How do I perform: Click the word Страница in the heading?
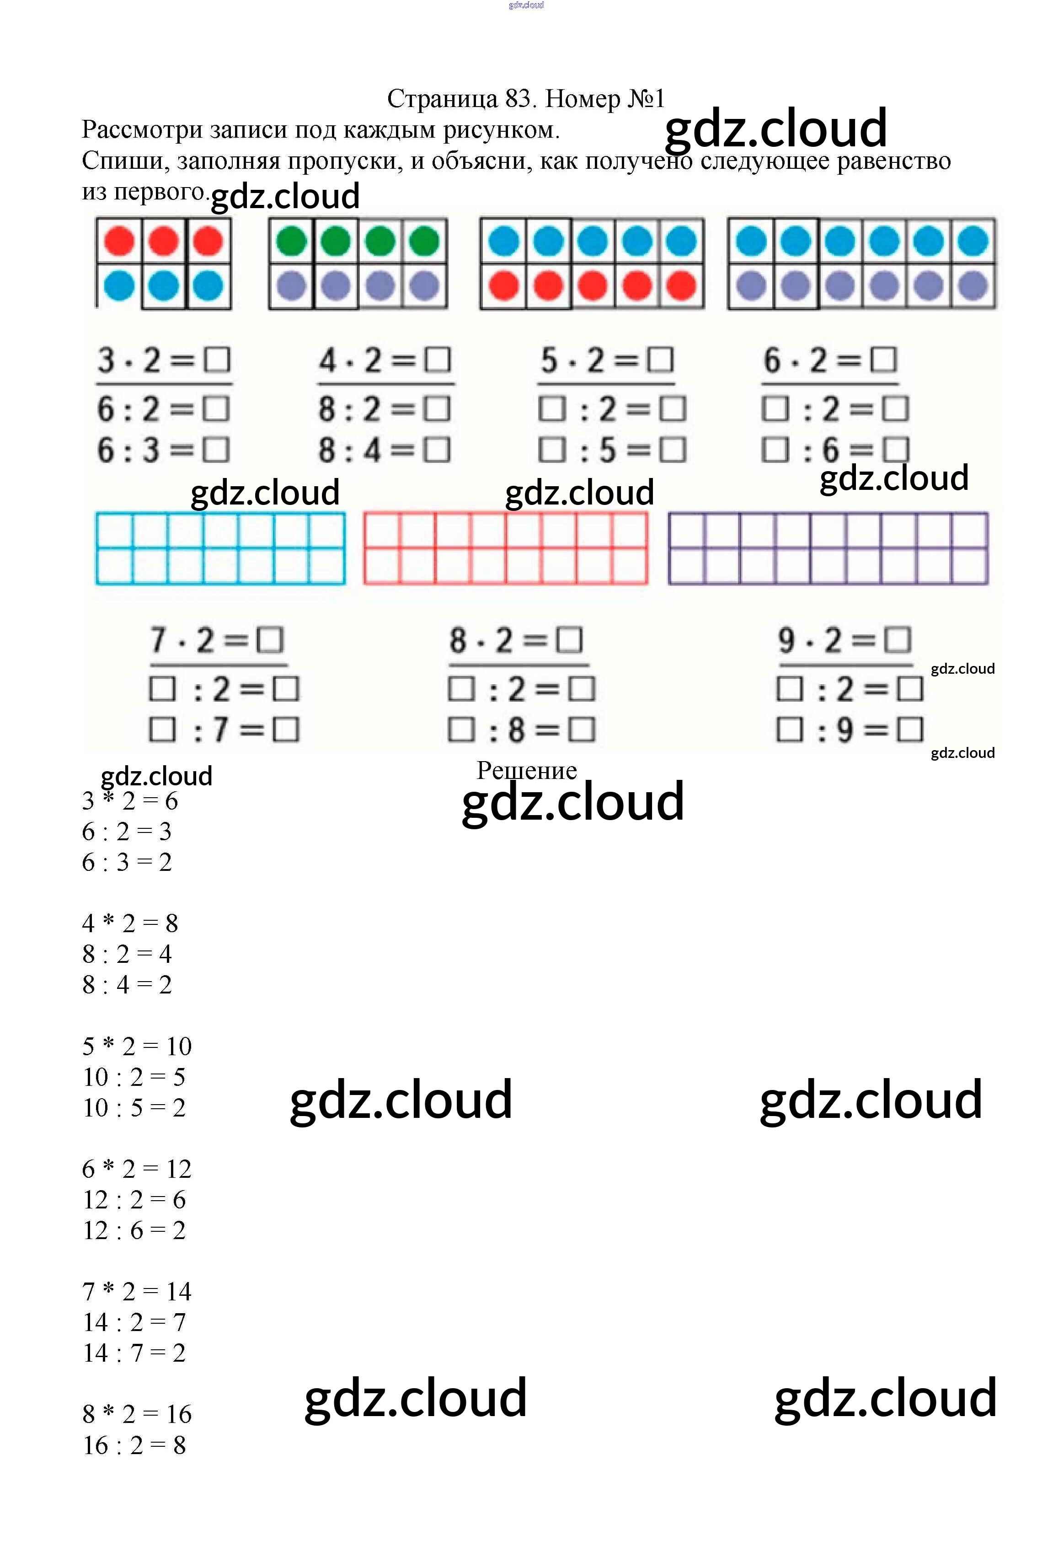point(442,99)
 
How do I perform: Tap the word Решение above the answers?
point(526,770)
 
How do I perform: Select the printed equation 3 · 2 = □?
point(164,360)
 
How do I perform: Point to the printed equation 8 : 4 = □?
point(384,451)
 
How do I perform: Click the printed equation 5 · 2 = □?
point(606,360)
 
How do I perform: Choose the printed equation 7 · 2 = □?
point(217,641)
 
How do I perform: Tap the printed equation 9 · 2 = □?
point(844,641)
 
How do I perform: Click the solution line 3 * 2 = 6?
point(130,801)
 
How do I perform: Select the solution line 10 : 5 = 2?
point(134,1108)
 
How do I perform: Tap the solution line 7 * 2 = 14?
point(136,1291)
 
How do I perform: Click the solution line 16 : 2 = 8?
point(134,1445)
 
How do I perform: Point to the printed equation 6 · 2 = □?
point(829,360)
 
